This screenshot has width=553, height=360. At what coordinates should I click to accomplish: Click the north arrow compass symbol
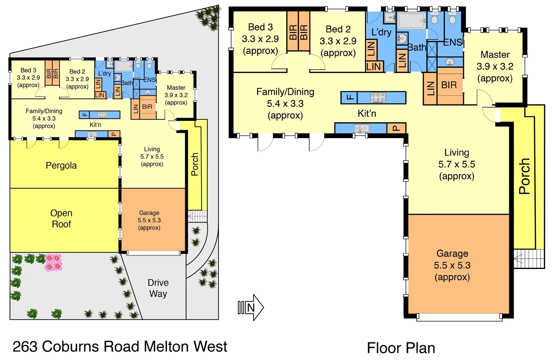[251, 307]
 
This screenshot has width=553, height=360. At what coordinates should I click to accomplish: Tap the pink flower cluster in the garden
[53, 262]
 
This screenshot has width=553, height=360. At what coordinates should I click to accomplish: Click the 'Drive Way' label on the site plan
[158, 288]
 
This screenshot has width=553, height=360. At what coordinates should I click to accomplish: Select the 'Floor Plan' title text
[401, 348]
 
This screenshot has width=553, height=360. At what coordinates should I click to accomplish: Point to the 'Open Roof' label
[61, 219]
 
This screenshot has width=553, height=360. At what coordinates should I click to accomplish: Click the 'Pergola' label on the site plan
[61, 165]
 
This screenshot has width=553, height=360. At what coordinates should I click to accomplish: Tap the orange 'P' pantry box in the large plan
[396, 128]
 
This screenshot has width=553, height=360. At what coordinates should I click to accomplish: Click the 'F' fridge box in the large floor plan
[349, 98]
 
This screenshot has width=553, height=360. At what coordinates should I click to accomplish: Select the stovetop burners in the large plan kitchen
[378, 98]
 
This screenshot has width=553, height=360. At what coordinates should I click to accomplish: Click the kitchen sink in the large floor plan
[361, 128]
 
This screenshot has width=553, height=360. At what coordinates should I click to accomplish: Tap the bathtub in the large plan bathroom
[412, 21]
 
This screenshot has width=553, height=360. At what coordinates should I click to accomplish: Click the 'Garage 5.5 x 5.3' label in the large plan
[452, 265]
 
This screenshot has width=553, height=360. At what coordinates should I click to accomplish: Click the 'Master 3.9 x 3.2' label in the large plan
[495, 66]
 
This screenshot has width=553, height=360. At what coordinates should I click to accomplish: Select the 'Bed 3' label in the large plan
[260, 27]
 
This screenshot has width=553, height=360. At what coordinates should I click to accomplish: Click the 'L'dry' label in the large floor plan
[381, 32]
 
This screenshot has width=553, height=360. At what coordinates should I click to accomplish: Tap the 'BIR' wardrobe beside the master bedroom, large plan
[449, 85]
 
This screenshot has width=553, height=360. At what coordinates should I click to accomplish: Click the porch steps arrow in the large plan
[518, 259]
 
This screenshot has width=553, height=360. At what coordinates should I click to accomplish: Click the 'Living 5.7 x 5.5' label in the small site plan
[152, 156]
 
